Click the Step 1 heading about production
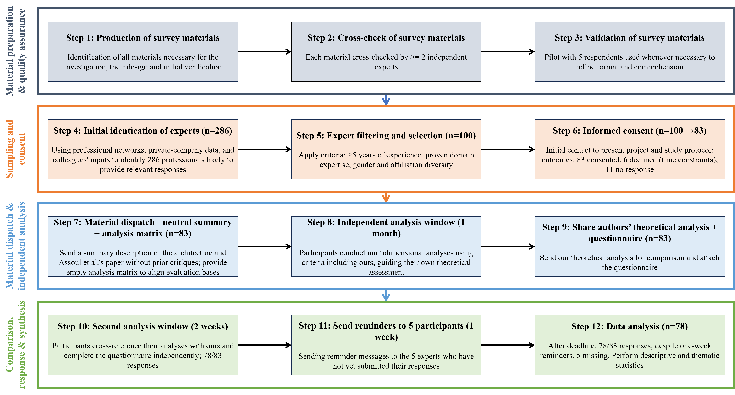tap(143, 38)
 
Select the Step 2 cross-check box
tap(386, 52)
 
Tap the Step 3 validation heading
tap(629, 38)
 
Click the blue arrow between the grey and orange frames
tap(386, 100)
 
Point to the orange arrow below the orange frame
tap(386, 197)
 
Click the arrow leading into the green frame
tap(386, 295)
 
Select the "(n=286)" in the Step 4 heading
tap(217, 131)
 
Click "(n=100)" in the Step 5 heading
tap(460, 136)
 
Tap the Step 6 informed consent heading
tap(629, 131)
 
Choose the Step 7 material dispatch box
tap(143, 246)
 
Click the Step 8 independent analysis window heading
tap(386, 228)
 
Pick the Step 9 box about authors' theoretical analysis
tap(629, 246)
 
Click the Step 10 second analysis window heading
tap(143, 326)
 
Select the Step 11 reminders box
tap(386, 345)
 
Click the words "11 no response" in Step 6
tap(629, 169)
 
